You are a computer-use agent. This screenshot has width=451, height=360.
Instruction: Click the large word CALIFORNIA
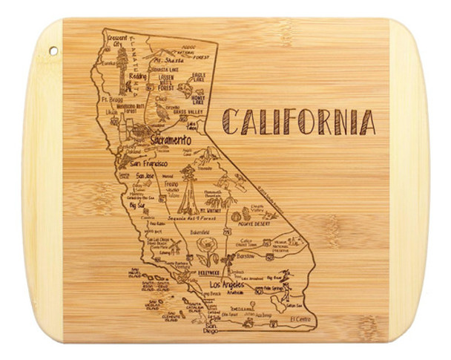click(x=298, y=121)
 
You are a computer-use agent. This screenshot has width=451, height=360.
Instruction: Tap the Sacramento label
click(x=169, y=140)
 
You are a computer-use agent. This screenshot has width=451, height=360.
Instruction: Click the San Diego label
click(x=211, y=327)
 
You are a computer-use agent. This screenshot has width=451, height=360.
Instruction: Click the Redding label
click(x=137, y=76)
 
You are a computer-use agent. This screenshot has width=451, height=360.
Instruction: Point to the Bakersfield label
click(x=202, y=232)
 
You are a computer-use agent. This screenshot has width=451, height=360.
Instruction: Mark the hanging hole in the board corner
click(x=53, y=50)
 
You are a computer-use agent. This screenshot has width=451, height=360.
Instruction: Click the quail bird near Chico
click(x=162, y=111)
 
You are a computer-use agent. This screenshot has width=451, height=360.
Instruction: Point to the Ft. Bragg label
click(x=111, y=99)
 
